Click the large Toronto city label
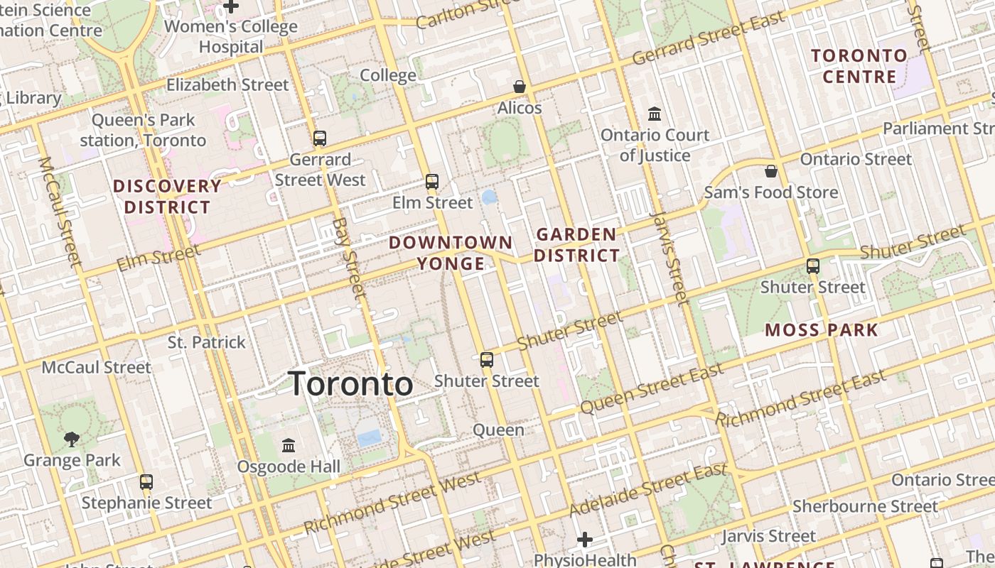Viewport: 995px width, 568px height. pos(350,384)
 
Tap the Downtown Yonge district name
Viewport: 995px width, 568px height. pos(451,253)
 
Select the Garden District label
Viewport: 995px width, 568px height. pos(576,245)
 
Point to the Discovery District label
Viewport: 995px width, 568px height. pos(168,197)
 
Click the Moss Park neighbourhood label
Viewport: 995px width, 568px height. pos(822,329)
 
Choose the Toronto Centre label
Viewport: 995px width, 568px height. pos(859,66)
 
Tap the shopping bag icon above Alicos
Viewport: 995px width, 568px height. pos(520,87)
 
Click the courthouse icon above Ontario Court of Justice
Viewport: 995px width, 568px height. pos(655,114)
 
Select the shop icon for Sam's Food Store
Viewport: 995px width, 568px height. pos(771,171)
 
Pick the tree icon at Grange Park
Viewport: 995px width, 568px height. pos(71,439)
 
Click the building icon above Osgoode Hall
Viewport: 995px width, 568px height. pos(289,445)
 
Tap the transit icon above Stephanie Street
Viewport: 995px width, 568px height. pos(146,481)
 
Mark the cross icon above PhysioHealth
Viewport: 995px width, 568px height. pos(585,540)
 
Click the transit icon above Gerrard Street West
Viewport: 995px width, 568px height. pos(320,138)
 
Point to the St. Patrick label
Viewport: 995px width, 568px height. pos(206,342)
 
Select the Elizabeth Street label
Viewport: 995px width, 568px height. pos(227,84)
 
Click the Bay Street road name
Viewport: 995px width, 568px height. pos(350,258)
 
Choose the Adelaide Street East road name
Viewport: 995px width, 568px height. pos(648,489)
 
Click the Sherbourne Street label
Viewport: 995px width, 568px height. pos(865,506)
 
